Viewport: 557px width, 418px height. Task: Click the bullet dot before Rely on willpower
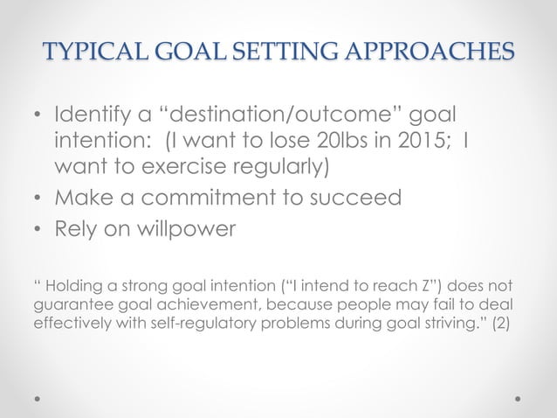37,229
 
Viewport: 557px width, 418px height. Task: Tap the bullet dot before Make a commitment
37,198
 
